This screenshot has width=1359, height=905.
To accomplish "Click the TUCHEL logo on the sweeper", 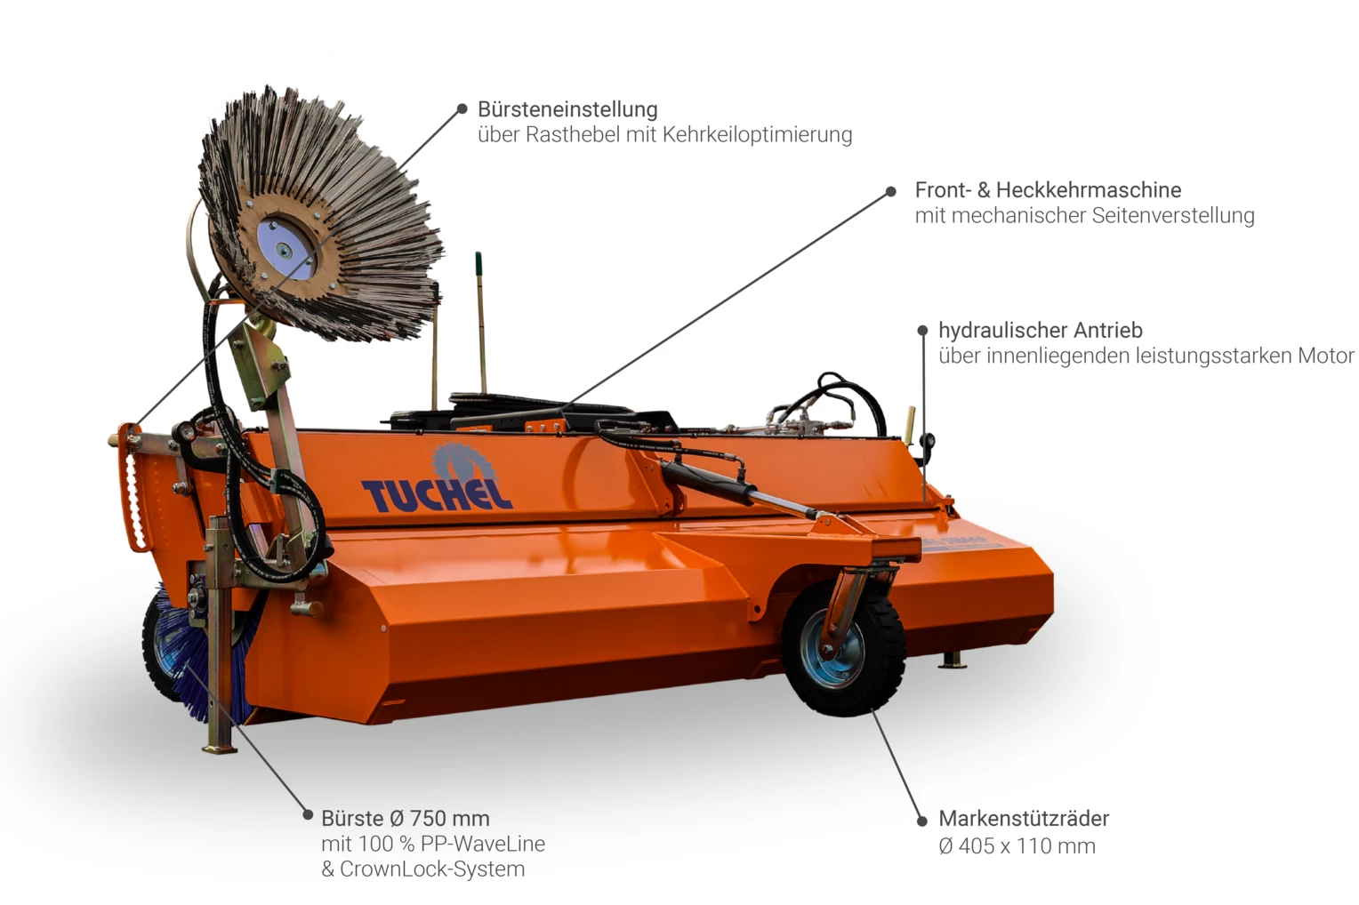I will click(x=436, y=492).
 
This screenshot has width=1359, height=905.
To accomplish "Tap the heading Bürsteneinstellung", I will click(x=567, y=109).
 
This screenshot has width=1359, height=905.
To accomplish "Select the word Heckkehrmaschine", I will click(x=1089, y=190).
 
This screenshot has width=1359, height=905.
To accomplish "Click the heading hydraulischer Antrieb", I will click(x=1040, y=331).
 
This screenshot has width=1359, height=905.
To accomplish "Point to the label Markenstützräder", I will click(x=1023, y=819).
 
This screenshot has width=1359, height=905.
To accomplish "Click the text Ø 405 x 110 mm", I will click(x=1017, y=846).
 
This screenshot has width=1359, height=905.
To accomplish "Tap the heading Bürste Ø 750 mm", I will click(x=405, y=819).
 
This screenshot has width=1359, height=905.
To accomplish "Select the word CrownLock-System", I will click(x=432, y=869).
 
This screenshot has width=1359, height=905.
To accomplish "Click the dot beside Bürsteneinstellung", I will click(x=462, y=109).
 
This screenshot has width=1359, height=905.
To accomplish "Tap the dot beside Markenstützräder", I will click(x=921, y=821).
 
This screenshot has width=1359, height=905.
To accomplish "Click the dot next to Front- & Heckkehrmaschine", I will click(x=890, y=192).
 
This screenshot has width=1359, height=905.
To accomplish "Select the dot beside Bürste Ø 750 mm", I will click(x=307, y=814).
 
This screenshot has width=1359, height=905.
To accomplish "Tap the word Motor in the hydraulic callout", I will click(x=1325, y=356).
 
